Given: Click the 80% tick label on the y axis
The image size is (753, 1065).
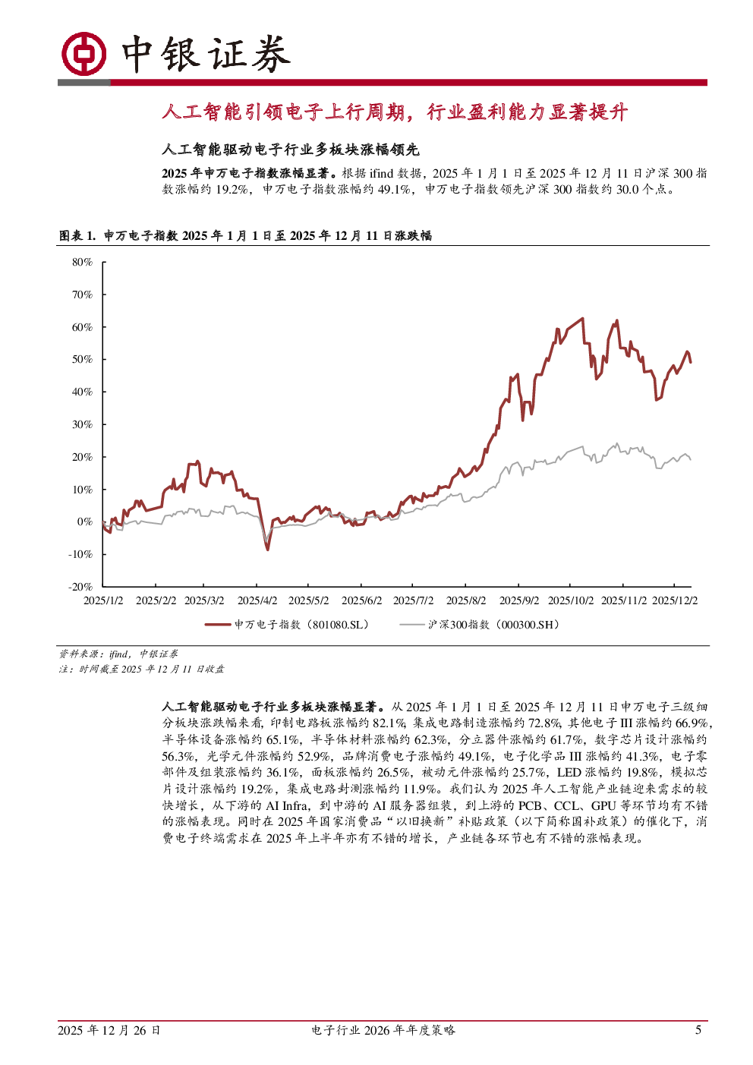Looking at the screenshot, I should pyautogui.click(x=82, y=262).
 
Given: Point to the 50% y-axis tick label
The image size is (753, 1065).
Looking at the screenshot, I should pyautogui.click(x=82, y=359).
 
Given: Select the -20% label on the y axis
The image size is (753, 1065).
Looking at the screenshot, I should pyautogui.click(x=80, y=587).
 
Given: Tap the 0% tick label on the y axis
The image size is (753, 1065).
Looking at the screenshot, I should pyautogui.click(x=84, y=521).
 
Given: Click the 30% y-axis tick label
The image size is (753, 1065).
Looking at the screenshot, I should pyautogui.click(x=82, y=424).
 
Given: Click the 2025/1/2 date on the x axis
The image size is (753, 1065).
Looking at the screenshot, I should pyautogui.click(x=103, y=600).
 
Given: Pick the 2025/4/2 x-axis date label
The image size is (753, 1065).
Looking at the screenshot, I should pyautogui.click(x=257, y=600).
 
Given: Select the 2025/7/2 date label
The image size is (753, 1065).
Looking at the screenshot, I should pyautogui.click(x=414, y=600).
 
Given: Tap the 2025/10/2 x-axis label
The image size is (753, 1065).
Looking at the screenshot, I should pyautogui.click(x=571, y=600).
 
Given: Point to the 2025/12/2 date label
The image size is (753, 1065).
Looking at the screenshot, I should pyautogui.click(x=675, y=600).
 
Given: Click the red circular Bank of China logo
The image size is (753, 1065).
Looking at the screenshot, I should pyautogui.click(x=83, y=54).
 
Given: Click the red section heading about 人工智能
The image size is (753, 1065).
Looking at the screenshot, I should pyautogui.click(x=395, y=112).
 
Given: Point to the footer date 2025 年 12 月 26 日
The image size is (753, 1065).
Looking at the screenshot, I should pyautogui.click(x=109, y=1030).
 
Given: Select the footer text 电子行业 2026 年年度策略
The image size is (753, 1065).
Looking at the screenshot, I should pyautogui.click(x=383, y=1030).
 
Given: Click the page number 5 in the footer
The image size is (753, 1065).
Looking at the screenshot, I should pyautogui.click(x=698, y=1030).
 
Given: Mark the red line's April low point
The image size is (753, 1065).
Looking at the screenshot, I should pyautogui.click(x=267, y=550).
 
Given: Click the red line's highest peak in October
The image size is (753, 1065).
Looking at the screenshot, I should pyautogui.click(x=582, y=318).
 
